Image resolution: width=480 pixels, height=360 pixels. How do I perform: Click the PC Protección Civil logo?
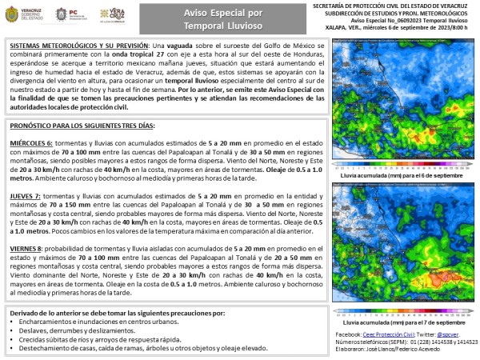point(68,15)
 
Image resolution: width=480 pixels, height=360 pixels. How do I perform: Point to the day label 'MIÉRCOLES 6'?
point(31,141)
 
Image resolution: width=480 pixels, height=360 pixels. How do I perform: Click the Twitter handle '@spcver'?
point(450,332)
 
